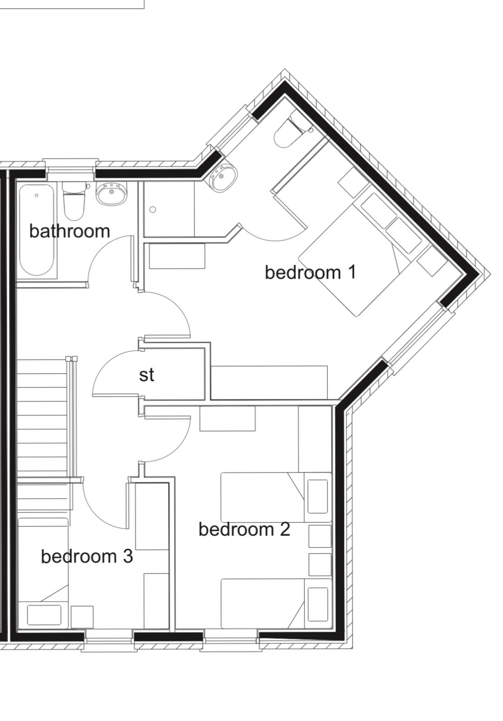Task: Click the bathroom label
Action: [x=69, y=231]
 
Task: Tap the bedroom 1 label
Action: [x=311, y=272]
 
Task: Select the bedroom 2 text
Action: [x=245, y=529]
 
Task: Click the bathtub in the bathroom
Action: [x=36, y=230]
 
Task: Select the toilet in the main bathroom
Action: [x=74, y=200]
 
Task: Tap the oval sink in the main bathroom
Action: [x=112, y=193]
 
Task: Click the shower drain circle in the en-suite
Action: [x=153, y=210]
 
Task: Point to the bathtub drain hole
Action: [x=36, y=196]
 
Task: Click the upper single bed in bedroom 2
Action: [x=276, y=497]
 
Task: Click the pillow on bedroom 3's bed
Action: [x=44, y=615]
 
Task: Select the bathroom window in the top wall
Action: [x=71, y=169]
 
